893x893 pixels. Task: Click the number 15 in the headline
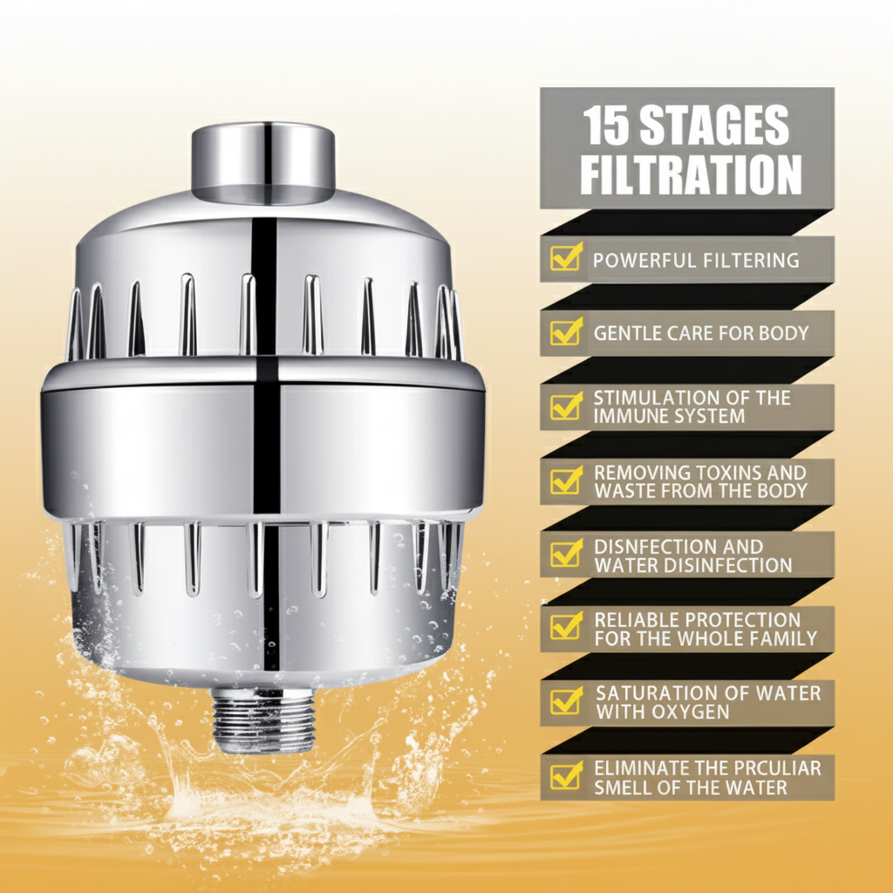pos(606,126)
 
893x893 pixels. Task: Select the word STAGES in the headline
pos(714,126)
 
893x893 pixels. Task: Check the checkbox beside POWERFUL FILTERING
pos(566,258)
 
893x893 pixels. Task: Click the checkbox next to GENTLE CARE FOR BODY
pos(566,332)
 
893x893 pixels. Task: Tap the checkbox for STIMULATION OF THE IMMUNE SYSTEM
pos(566,406)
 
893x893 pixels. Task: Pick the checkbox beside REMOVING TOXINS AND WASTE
pos(566,481)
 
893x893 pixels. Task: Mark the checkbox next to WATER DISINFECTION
pos(566,555)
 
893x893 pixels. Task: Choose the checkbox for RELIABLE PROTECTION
pos(566,628)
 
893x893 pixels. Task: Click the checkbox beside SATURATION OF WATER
pos(566,701)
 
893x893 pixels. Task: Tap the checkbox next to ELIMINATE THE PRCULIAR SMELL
pos(566,776)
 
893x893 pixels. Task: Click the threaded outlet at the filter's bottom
pos(263,718)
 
